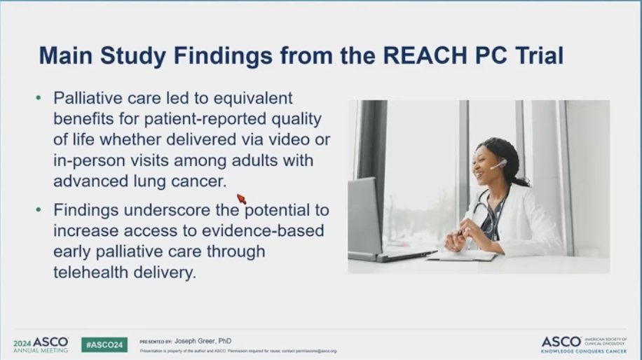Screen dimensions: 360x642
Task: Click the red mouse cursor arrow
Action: tap(242, 200)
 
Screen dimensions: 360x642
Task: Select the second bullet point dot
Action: tap(39, 211)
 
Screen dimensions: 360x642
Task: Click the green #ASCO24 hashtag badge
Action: tap(104, 344)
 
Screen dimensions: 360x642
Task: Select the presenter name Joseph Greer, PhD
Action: tap(211, 341)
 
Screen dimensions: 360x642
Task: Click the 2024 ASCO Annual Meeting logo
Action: tap(41, 344)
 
